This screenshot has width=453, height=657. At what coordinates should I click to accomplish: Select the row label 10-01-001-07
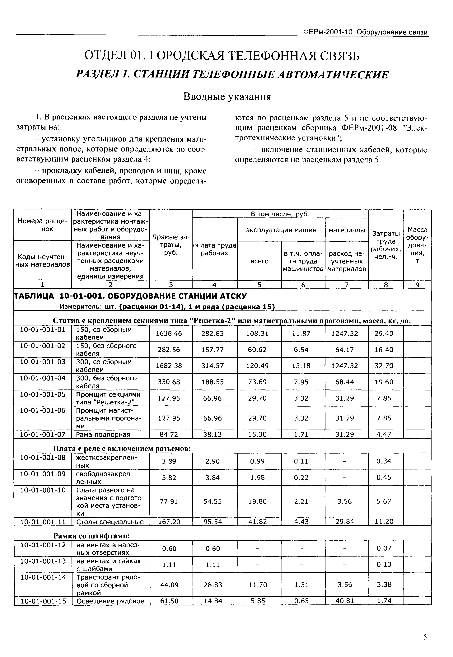[43, 434]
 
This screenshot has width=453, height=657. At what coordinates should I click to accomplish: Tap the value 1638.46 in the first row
[169, 333]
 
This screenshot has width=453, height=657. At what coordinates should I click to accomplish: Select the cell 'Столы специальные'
[110, 522]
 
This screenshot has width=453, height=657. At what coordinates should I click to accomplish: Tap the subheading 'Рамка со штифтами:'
[92, 536]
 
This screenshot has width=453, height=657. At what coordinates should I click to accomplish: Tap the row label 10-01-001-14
[43, 577]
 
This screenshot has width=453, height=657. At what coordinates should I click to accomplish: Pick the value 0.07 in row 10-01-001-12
[384, 548]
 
